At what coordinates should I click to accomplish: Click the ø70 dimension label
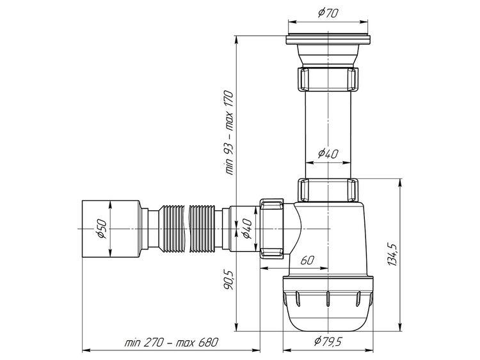coord(328,13)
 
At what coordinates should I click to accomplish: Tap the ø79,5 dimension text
coord(328,341)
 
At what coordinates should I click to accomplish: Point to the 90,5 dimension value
coord(228,279)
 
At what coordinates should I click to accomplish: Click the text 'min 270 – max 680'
coord(171,341)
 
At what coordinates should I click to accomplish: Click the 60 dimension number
coord(307,260)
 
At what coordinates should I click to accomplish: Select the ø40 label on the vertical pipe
coord(328,153)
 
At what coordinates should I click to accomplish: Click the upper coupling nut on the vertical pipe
coord(328,79)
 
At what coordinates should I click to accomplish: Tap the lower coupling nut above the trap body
coord(328,191)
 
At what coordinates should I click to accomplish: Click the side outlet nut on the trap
coord(272,229)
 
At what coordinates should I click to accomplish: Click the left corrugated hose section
coord(172,229)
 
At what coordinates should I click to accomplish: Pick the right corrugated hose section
coord(204,229)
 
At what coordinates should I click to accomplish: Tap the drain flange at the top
coord(328,39)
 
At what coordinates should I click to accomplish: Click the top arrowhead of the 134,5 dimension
coord(400,183)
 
